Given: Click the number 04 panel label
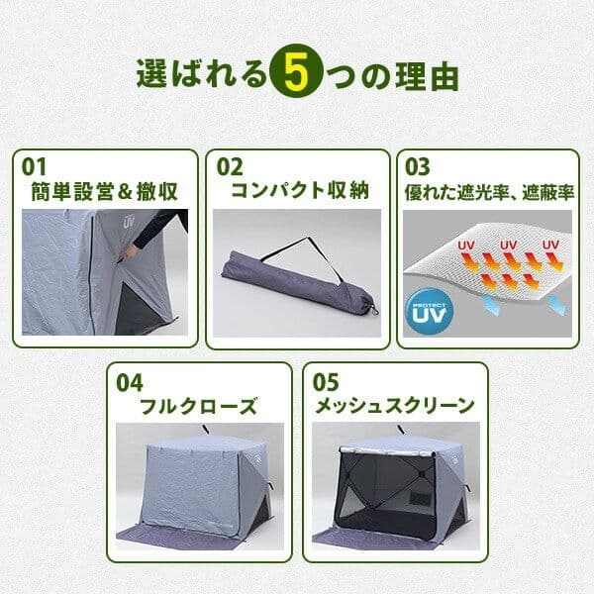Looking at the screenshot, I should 130,381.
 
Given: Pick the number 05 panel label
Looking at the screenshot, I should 327,381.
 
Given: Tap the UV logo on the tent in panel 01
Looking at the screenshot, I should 127,222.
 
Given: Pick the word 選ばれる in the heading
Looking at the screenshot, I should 203,74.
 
